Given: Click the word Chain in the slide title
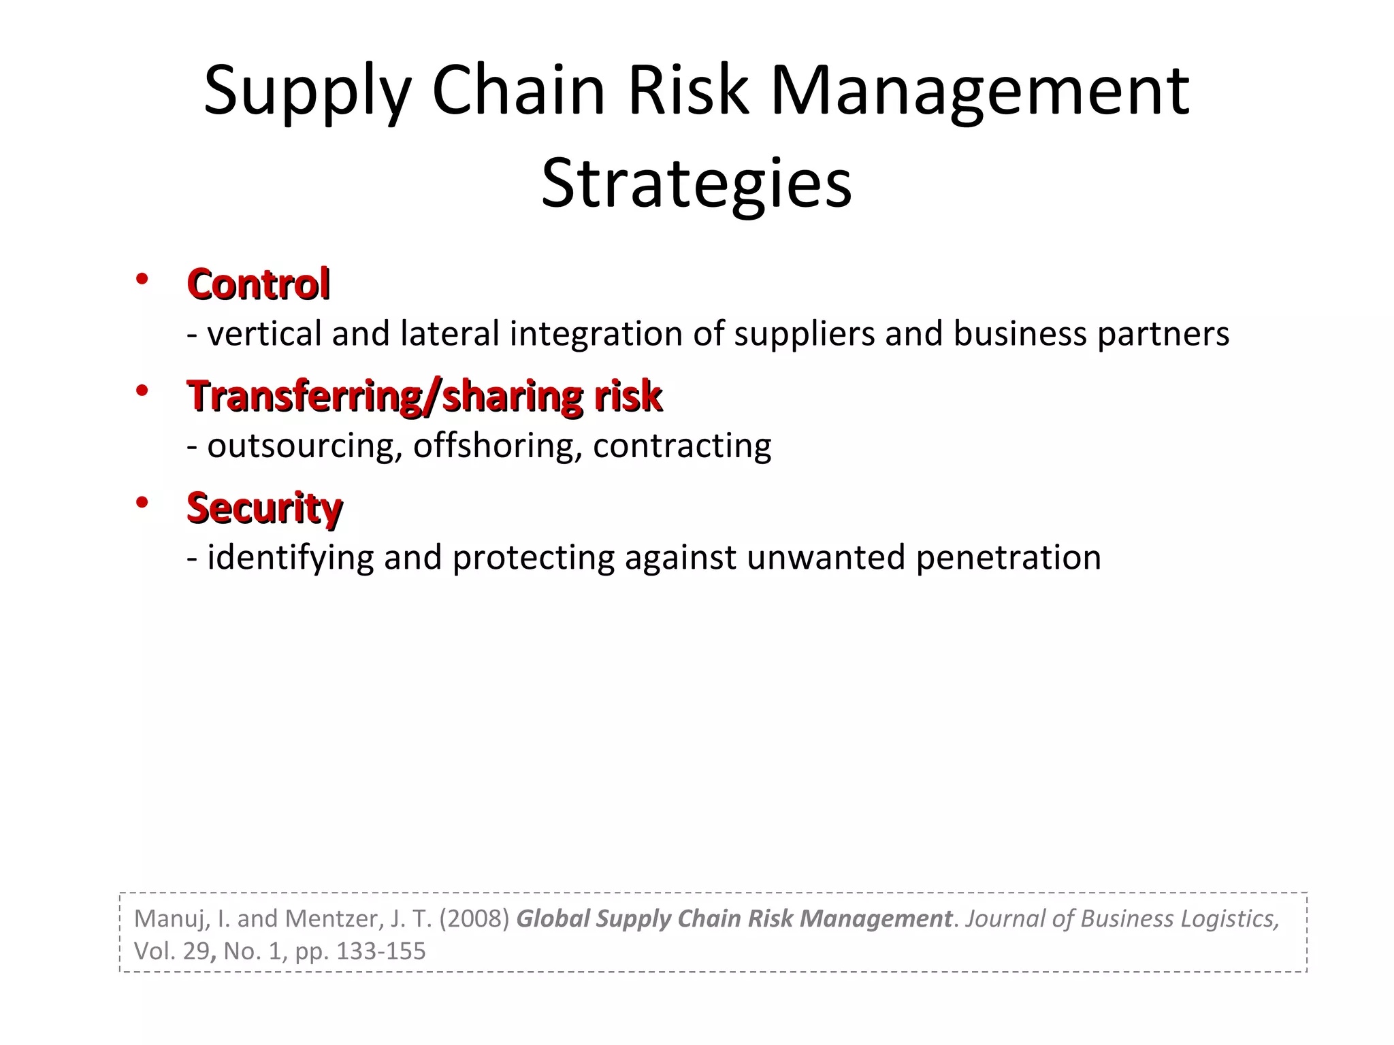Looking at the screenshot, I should coord(518,90).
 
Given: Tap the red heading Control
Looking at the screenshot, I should coord(259,284).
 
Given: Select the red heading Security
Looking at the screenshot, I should coord(264,508).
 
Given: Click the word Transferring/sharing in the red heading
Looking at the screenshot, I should coord(385,396).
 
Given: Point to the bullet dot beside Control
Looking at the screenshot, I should coord(142,279).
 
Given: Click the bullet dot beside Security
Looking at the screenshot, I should coord(142,503).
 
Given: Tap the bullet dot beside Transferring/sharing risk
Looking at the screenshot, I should coord(142,391).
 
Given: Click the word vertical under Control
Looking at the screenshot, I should coord(264,334).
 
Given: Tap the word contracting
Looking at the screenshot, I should coord(682,446).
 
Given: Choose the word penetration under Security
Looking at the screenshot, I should coord(1008,558).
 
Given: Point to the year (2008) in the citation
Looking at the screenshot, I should coord(474,918).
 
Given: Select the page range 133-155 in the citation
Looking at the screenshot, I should coord(380,951).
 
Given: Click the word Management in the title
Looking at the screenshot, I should coord(979,90).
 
